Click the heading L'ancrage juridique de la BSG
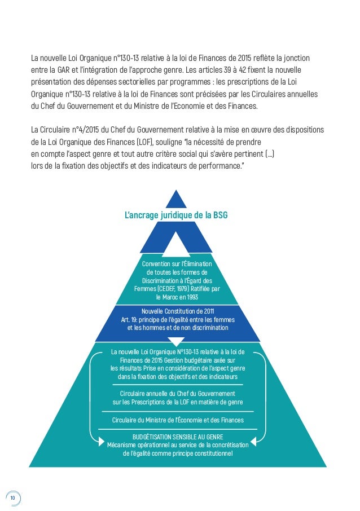tap(176, 215)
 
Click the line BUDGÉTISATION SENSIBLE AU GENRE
tap(177, 437)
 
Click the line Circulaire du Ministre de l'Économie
tap(177, 419)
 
